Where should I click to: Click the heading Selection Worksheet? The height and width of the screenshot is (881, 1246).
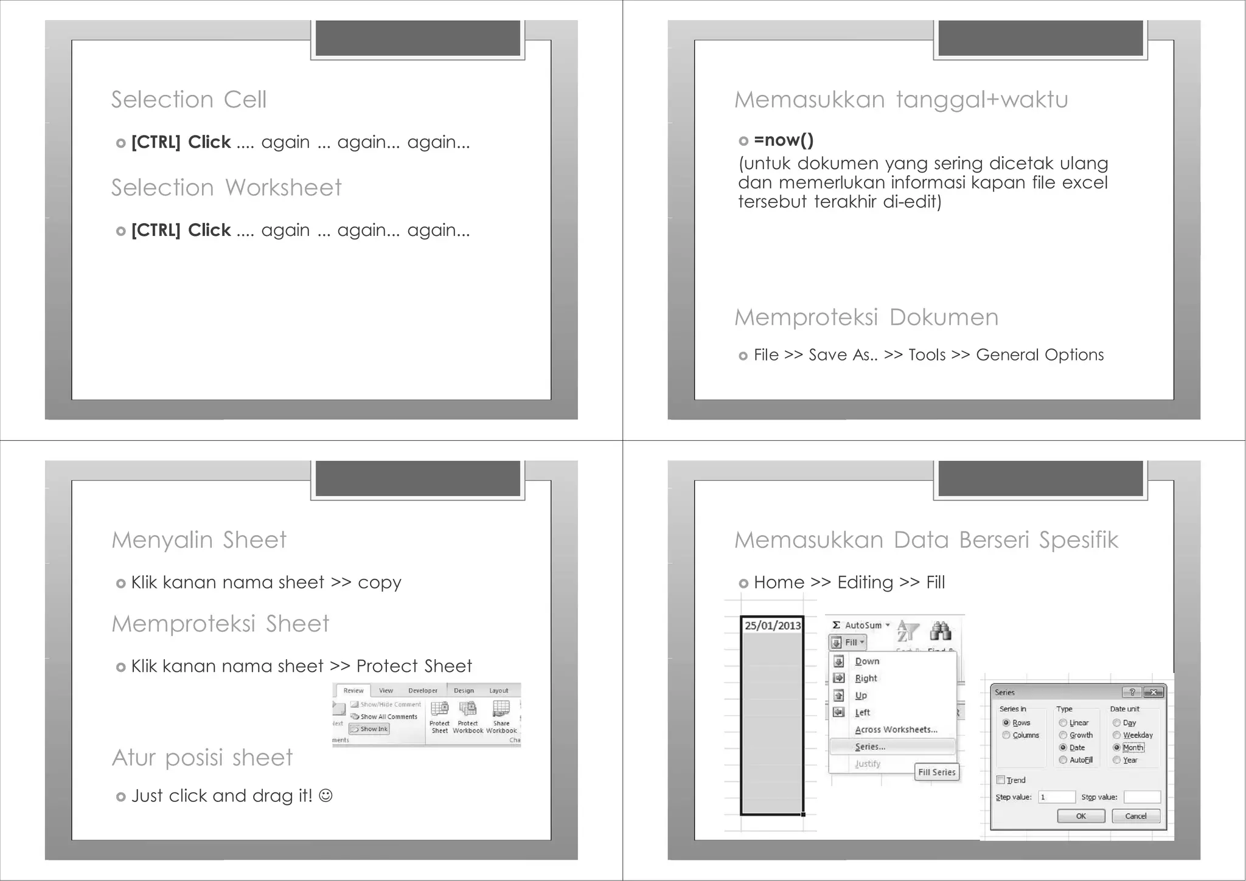click(x=226, y=188)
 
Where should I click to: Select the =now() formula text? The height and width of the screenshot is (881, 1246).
click(x=783, y=140)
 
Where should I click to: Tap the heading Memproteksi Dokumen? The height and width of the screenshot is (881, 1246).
click(x=866, y=317)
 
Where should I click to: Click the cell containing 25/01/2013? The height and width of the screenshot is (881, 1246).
click(x=772, y=626)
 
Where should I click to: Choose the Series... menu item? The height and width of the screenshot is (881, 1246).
click(x=870, y=747)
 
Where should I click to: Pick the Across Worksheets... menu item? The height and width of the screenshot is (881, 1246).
click(x=896, y=730)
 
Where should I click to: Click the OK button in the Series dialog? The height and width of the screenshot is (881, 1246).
click(x=1081, y=816)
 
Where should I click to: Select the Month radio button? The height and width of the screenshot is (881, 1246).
click(x=1117, y=748)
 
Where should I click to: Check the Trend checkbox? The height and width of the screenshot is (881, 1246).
click(x=1001, y=780)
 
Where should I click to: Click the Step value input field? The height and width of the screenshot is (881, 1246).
click(x=1057, y=797)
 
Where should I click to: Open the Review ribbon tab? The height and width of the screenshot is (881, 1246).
click(x=353, y=691)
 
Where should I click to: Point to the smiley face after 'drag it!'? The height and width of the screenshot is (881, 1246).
click(x=326, y=795)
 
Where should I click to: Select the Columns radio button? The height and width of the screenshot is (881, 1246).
click(x=1007, y=735)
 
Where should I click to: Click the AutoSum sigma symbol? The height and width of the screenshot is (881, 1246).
click(x=837, y=625)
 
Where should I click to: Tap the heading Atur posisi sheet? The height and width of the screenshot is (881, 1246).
click(x=202, y=758)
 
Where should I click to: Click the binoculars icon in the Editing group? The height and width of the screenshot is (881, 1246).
click(x=940, y=631)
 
